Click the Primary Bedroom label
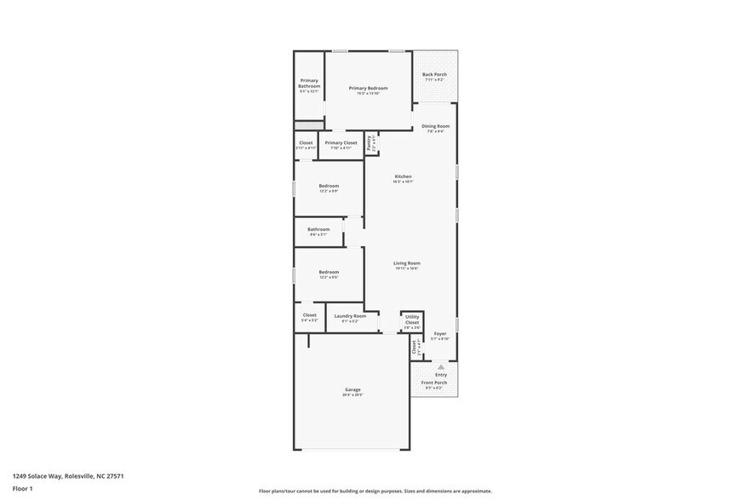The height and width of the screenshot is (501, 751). tap(368, 89)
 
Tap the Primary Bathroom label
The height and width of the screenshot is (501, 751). tap(309, 83)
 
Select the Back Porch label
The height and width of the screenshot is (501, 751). tap(434, 75)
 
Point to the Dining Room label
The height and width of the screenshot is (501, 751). tap(435, 127)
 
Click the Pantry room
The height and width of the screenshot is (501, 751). tap(370, 143)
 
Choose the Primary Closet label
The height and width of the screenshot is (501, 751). tap(341, 143)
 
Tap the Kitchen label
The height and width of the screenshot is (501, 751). tap(403, 177)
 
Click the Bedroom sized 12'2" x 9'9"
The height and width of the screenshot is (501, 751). tap(329, 187)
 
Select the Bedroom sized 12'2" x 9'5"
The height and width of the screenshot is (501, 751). tap(329, 273)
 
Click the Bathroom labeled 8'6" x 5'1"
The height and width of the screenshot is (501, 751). tap(318, 229)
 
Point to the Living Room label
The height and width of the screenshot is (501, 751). tap(406, 264)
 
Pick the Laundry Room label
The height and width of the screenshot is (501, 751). tap(350, 316)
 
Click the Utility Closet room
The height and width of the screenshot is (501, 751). tap(412, 320)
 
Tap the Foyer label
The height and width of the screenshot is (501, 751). tap(440, 334)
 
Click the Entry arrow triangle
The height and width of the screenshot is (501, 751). tap(441, 366)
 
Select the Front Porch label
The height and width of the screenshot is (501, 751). tap(434, 383)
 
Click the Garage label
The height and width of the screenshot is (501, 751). tap(353, 390)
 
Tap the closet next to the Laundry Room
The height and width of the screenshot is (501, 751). tap(310, 316)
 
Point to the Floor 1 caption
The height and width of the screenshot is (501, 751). tap(22, 488)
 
